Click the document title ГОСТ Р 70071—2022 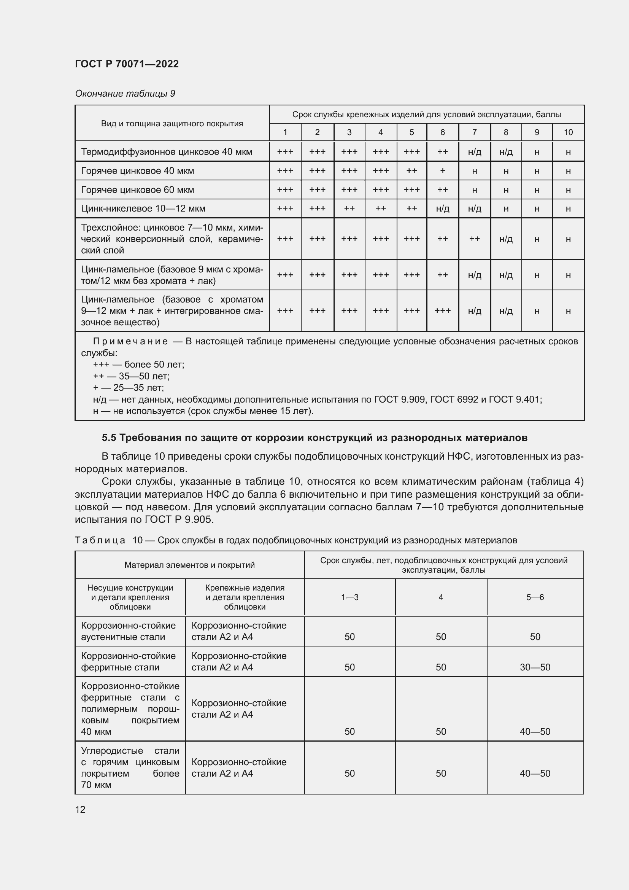click(127, 64)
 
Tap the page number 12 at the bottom click(80, 809)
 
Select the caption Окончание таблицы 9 click(125, 94)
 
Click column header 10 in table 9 click(568, 132)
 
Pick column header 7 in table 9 click(474, 132)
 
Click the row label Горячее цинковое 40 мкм click(138, 170)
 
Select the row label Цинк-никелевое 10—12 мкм click(143, 209)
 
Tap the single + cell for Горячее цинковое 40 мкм click(442, 170)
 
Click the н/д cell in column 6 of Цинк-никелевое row click(442, 209)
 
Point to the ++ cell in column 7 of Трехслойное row click(474, 239)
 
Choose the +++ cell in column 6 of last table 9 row click(442, 310)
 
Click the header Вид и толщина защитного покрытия click(172, 124)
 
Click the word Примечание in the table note click(130, 341)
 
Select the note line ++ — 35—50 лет click(131, 376)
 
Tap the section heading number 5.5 click(109, 438)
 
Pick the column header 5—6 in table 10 click(535, 597)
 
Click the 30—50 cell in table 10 click(535, 667)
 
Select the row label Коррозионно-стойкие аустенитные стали click(128, 631)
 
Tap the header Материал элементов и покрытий click(189, 565)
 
